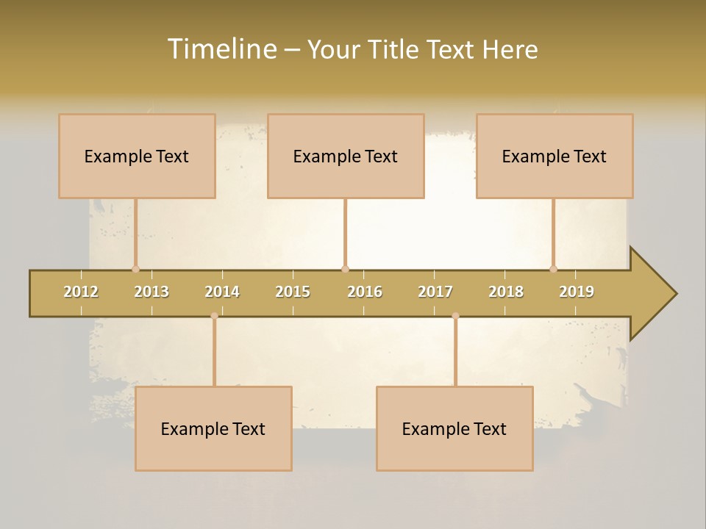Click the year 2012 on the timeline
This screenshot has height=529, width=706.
pyautogui.click(x=81, y=292)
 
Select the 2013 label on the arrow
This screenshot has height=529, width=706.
pyautogui.click(x=151, y=292)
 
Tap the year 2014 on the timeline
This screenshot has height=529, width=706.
pyautogui.click(x=222, y=292)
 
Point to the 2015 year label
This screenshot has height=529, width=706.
pyautogui.click(x=293, y=292)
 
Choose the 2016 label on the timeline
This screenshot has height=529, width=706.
pyautogui.click(x=365, y=292)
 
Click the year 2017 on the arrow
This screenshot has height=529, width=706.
pyautogui.click(x=435, y=292)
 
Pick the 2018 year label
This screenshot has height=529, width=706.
pyautogui.click(x=506, y=292)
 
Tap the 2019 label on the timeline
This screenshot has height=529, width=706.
pyautogui.click(x=577, y=292)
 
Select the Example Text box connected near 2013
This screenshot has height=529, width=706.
pyautogui.click(x=137, y=156)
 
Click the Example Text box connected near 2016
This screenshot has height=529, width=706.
pyautogui.click(x=346, y=156)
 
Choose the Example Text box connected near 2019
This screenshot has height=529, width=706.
pyautogui.click(x=555, y=156)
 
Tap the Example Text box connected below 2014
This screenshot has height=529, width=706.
pyautogui.click(x=213, y=428)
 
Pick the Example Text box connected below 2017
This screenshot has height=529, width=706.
pyautogui.click(x=454, y=428)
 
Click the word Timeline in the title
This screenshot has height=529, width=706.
pyautogui.click(x=221, y=49)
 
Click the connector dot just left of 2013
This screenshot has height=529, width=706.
pyautogui.click(x=135, y=269)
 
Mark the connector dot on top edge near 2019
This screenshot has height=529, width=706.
pyautogui.click(x=554, y=269)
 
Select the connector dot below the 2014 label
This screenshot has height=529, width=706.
pyautogui.click(x=214, y=316)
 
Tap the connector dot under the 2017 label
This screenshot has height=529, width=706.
pyautogui.click(x=455, y=316)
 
